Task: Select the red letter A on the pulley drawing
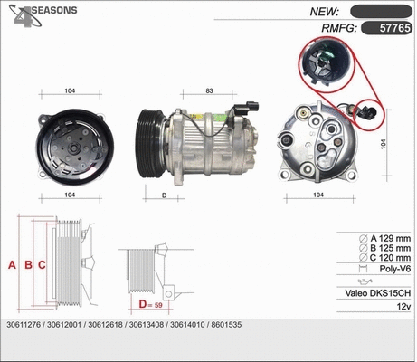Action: (12, 265)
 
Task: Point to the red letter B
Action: (28, 265)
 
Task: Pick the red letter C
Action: (43, 265)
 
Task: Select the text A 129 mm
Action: (385, 237)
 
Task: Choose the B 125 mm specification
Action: (385, 247)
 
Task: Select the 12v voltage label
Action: (402, 307)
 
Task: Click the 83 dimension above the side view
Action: (209, 91)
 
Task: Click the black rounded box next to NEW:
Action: (381, 11)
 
